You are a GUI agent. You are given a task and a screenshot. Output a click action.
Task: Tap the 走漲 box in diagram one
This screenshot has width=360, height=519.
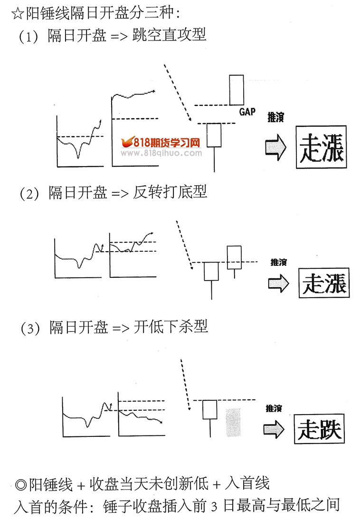(x=321, y=147)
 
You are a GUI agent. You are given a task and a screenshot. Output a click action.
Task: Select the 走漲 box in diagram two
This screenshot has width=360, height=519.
(x=324, y=283)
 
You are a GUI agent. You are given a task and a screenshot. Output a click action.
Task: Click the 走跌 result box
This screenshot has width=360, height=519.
(x=319, y=429)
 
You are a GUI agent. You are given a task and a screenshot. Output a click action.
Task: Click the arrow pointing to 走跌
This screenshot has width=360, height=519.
(x=274, y=428)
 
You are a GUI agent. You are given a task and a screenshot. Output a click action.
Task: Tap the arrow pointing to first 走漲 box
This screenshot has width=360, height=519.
(x=275, y=147)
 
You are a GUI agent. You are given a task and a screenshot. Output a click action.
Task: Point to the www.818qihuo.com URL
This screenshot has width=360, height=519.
(x=161, y=153)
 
